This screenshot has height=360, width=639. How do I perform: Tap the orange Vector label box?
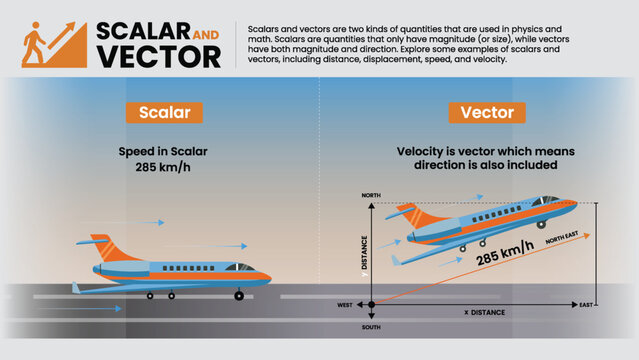[x=486, y=112]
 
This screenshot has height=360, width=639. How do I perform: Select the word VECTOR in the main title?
[x=159, y=56]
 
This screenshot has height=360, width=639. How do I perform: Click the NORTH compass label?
[x=371, y=195]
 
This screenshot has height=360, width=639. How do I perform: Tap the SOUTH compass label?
[x=371, y=327]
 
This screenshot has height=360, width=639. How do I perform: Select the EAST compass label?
[x=587, y=304]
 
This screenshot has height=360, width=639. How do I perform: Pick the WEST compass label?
[x=345, y=304]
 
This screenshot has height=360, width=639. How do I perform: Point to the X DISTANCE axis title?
[x=484, y=312]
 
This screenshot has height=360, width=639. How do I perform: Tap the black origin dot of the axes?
[x=372, y=304]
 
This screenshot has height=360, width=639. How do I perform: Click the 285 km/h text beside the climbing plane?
[x=504, y=258]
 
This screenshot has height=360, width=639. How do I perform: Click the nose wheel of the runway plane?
[x=238, y=296]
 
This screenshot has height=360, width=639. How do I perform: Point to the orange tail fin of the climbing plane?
[x=409, y=215]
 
